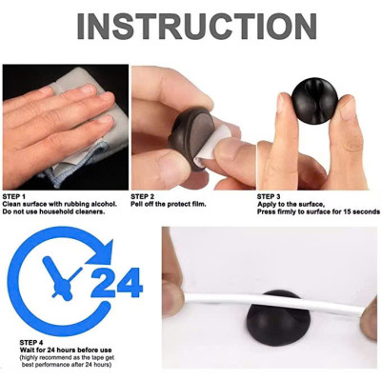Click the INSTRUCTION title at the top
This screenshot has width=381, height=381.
[x=190, y=26]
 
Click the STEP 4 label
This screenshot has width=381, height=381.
[x=30, y=340]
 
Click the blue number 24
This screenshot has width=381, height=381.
[x=115, y=282]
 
